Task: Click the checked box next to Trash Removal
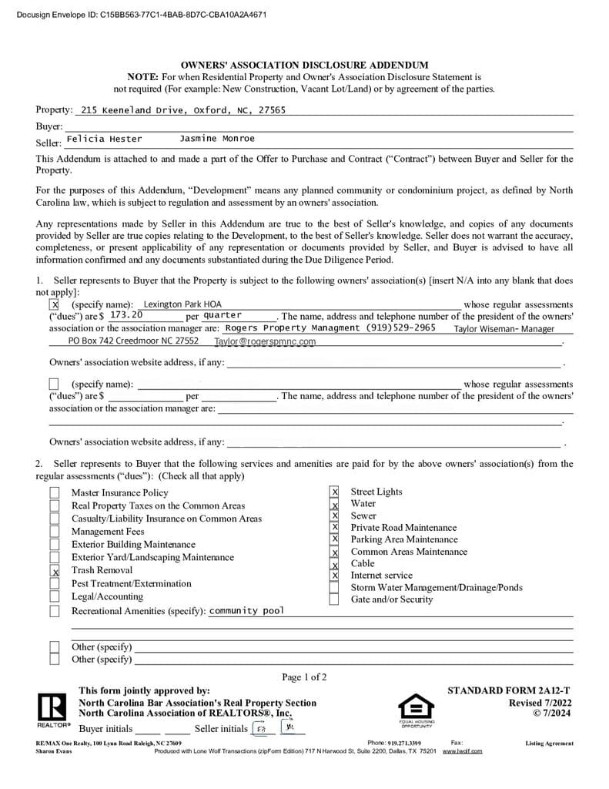tap(55, 572)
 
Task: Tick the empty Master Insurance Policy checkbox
tap(55, 493)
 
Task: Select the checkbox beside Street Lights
tap(334, 492)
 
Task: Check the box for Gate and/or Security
tap(334, 599)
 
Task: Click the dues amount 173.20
tap(126, 315)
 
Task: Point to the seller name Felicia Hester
tap(105, 139)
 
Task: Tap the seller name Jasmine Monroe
tap(216, 139)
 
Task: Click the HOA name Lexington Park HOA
tap(182, 304)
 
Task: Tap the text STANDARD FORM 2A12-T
tap(509, 690)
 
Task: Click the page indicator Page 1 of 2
tap(304, 677)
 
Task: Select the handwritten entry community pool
tap(246, 611)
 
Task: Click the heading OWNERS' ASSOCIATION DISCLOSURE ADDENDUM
tap(304, 65)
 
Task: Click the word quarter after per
tap(223, 315)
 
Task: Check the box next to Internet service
tap(334, 576)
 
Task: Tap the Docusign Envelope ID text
tap(142, 14)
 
